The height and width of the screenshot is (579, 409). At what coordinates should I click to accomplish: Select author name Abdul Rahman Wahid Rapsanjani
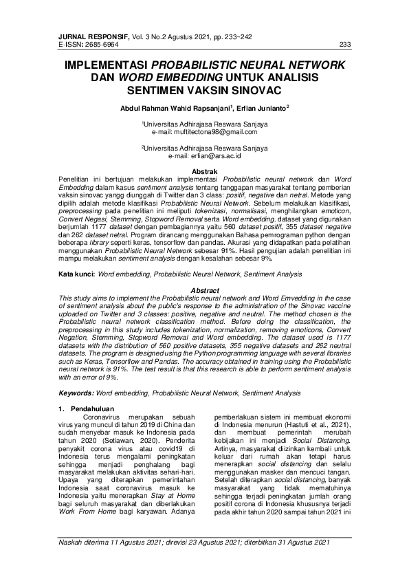click(x=176, y=108)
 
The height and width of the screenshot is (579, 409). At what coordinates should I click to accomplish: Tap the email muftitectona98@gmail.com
click(x=214, y=131)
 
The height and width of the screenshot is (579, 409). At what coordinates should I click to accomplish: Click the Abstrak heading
click(x=204, y=171)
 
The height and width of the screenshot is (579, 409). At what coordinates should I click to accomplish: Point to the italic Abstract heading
click(x=204, y=291)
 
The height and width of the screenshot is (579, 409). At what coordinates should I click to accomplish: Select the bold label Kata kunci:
click(x=76, y=274)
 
